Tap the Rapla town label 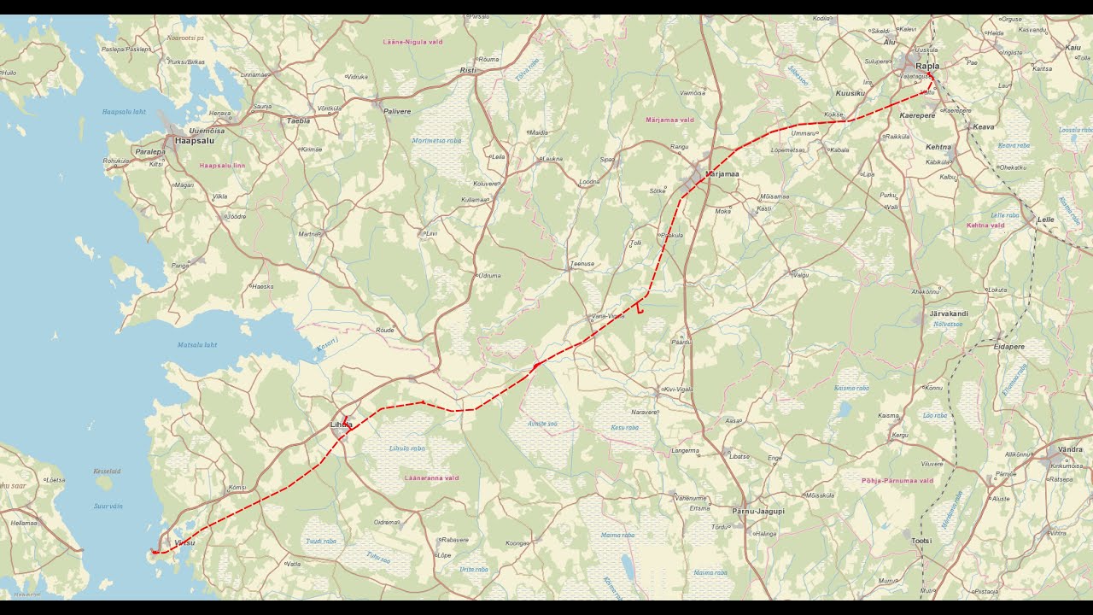(926, 66)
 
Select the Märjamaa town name (722, 173)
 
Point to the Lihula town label (341, 425)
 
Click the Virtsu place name (184, 542)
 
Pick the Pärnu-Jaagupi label (757, 511)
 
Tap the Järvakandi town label (948, 313)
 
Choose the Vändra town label (1070, 449)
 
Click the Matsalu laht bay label (197, 345)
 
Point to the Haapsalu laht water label (124, 112)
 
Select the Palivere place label (397, 111)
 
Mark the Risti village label (467, 70)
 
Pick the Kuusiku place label (850, 92)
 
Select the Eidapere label (1008, 347)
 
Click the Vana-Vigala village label (608, 316)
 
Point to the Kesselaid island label (107, 471)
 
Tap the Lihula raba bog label (406, 448)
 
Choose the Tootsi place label (921, 541)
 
